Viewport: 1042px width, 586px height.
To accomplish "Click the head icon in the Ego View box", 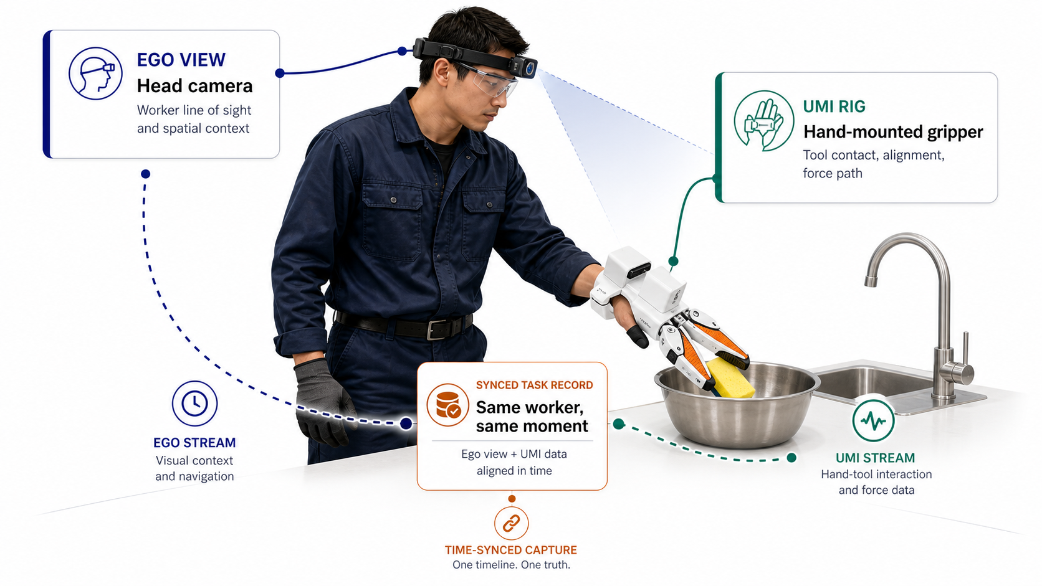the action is point(95,73).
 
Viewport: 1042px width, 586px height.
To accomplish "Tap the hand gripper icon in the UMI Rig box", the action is point(763,120).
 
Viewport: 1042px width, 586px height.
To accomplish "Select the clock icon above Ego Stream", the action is point(194,404).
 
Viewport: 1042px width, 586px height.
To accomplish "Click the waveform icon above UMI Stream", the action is point(873,420).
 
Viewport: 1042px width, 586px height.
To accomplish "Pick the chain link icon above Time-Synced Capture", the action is point(511,523).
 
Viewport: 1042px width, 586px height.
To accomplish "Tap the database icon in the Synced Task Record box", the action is point(447,405).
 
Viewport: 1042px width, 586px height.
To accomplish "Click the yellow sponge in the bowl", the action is point(730,378).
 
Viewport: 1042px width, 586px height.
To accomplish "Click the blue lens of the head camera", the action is point(529,69).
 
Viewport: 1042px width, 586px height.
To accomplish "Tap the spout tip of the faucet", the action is point(871,281).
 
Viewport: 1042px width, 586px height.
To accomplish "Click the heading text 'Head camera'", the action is point(194,86).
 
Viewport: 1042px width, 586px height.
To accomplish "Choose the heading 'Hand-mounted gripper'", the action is point(893,132).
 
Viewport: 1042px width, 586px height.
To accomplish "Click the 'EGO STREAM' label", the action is point(194,443).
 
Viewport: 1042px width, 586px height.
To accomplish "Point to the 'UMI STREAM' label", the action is point(875,458).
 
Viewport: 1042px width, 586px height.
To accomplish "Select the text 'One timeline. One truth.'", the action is point(511,565).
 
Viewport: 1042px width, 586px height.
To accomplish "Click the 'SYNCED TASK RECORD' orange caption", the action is point(535,385).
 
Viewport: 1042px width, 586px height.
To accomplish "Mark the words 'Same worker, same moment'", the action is point(532,417).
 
